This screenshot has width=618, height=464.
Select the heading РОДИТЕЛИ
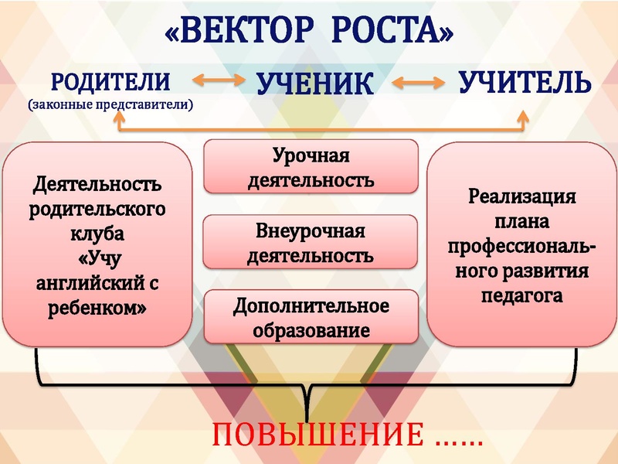coord(110,81)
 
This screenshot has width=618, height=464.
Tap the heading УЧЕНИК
coord(314,84)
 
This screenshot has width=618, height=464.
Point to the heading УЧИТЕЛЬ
coord(525,81)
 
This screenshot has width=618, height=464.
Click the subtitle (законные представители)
coord(110,103)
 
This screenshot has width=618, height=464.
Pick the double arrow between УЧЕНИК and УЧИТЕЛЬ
coord(418,80)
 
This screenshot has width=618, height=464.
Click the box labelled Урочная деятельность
coord(311,168)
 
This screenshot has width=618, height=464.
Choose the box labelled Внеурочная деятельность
coord(311,243)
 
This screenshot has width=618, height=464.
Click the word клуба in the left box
coord(97,233)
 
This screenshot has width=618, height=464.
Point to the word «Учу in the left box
coord(97,258)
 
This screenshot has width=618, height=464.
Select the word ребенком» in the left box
coord(97,308)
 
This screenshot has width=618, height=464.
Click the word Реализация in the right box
coord(522,196)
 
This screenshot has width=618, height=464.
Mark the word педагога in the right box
coord(522,295)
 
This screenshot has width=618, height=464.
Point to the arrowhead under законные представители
coord(118,116)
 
